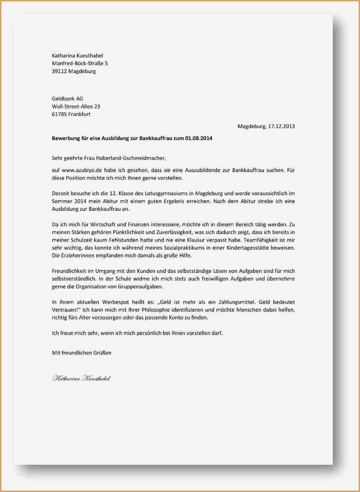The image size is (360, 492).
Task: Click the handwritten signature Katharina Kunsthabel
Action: (x=81, y=378)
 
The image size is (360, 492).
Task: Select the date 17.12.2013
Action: (x=281, y=127)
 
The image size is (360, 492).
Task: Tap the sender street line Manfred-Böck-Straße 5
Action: (x=80, y=63)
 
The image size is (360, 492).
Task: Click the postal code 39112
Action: (x=59, y=71)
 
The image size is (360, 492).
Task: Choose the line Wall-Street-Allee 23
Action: (x=76, y=106)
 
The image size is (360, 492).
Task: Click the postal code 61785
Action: (x=59, y=114)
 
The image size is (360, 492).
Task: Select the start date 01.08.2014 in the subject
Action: (x=199, y=139)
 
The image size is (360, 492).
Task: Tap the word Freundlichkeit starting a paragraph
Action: (x=71, y=271)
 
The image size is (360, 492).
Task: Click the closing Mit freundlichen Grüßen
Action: (x=82, y=353)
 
